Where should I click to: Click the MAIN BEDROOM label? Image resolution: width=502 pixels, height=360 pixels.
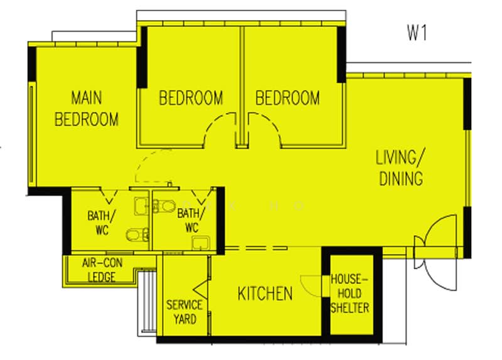tap(87, 108)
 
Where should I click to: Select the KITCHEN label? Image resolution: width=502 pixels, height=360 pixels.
tap(265, 294)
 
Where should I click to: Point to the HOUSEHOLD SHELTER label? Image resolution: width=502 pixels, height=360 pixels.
tap(350, 294)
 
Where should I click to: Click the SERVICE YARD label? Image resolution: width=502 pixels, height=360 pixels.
tap(184, 312)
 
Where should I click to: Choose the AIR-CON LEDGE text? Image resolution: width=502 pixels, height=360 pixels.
tap(102, 270)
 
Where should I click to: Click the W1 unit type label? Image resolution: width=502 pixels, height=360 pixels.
tap(417, 33)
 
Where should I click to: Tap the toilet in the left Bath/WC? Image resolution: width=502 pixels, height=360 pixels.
tap(137, 235)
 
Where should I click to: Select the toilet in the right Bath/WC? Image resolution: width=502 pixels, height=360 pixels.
tap(164, 206)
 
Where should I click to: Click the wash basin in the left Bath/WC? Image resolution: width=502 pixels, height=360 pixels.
tap(142, 206)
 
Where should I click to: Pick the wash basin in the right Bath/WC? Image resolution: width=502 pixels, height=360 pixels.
tap(201, 243)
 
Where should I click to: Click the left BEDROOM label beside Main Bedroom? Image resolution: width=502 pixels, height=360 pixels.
tap(191, 98)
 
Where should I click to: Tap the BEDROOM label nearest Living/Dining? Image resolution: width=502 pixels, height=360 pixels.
tap(287, 98)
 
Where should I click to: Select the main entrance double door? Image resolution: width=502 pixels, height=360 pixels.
tap(436, 253)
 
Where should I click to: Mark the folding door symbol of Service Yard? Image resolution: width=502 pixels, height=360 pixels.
tap(201, 289)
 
